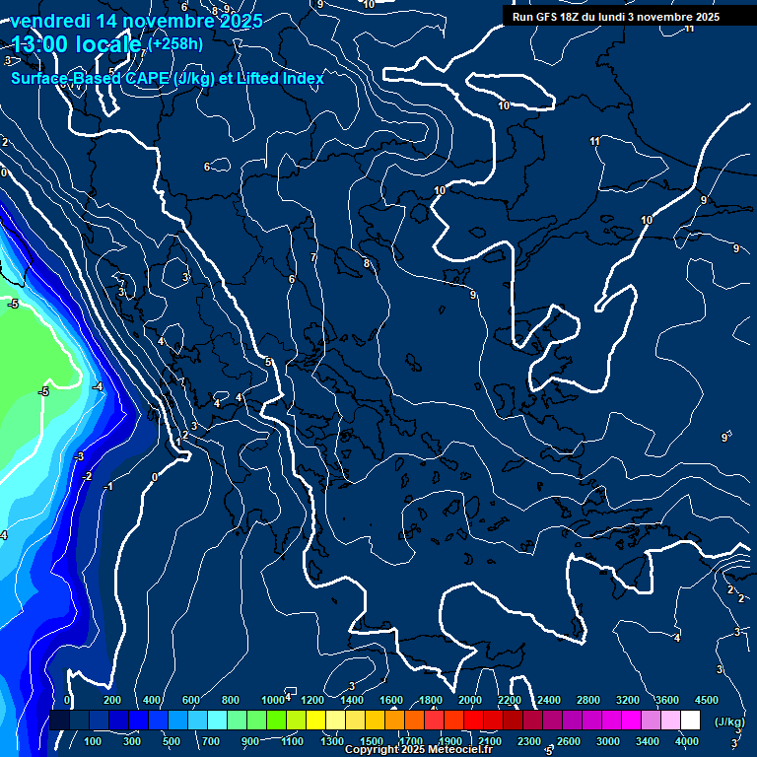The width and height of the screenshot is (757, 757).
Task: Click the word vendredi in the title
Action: pyautogui.click(x=49, y=21)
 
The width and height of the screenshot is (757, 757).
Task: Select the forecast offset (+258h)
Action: pyautogui.click(x=175, y=44)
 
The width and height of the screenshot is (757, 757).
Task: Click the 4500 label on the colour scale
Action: pyautogui.click(x=707, y=700)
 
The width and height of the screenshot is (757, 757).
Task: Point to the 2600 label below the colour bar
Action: pyautogui.click(x=569, y=741)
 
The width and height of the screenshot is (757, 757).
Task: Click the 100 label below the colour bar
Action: pyautogui.click(x=94, y=741)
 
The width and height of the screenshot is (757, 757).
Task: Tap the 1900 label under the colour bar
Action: pyautogui.click(x=450, y=741)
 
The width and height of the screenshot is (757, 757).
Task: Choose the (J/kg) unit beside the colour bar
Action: pyautogui.click(x=729, y=723)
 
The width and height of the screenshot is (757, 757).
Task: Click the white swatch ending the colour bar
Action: pyautogui.click(x=690, y=721)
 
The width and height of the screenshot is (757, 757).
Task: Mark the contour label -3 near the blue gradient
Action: pyautogui.click(x=79, y=456)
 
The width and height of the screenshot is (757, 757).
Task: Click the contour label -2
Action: pyautogui.click(x=87, y=476)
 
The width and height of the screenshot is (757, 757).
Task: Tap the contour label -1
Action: pyautogui.click(x=108, y=487)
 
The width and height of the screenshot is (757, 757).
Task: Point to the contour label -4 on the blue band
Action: pyautogui.click(x=98, y=387)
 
